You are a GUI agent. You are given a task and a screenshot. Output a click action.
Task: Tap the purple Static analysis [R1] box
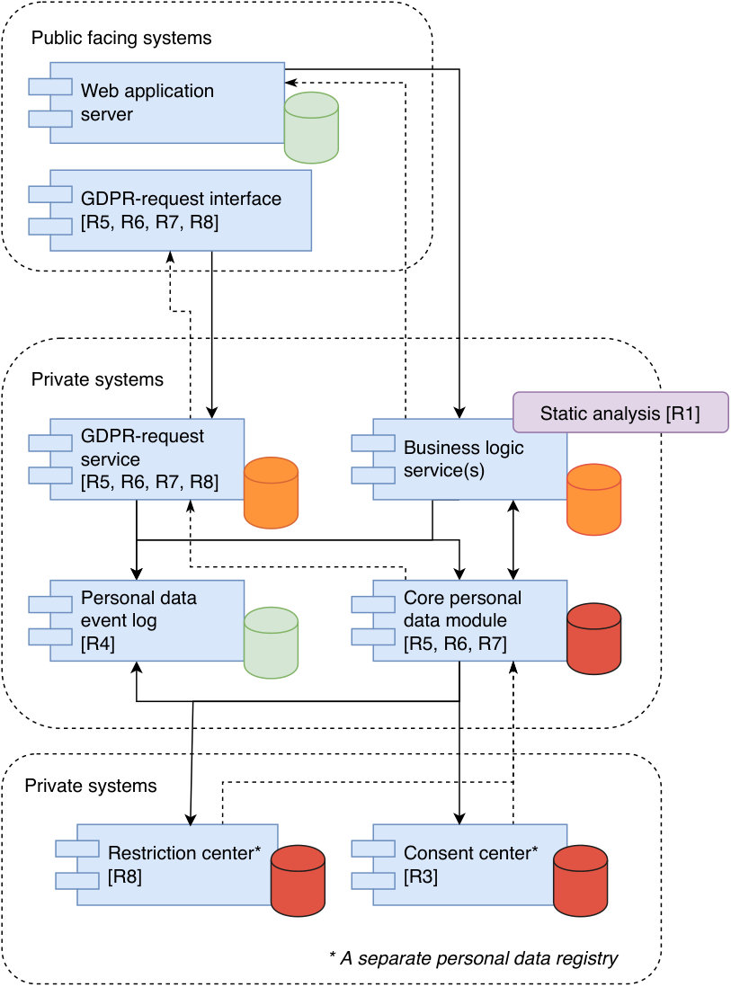tap(620, 413)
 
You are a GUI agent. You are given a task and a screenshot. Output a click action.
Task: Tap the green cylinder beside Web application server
tap(311, 128)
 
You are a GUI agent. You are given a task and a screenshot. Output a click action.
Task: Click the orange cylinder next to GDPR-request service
tap(271, 493)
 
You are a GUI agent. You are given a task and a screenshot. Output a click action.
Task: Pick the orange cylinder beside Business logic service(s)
tap(593, 500)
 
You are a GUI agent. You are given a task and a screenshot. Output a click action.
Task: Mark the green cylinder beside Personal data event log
tap(271, 643)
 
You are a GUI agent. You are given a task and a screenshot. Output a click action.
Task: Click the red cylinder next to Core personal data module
tap(593, 639)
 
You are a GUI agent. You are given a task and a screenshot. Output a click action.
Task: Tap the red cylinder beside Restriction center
tap(298, 881)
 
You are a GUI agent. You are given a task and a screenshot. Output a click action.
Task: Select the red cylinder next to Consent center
tap(581, 881)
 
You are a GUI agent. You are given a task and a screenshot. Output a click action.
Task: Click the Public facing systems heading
tap(121, 39)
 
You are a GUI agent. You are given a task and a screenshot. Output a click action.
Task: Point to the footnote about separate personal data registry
tap(474, 958)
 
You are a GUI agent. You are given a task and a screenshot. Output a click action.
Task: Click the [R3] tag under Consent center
tap(421, 876)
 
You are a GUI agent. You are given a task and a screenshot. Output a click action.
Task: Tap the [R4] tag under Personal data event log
tap(98, 644)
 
